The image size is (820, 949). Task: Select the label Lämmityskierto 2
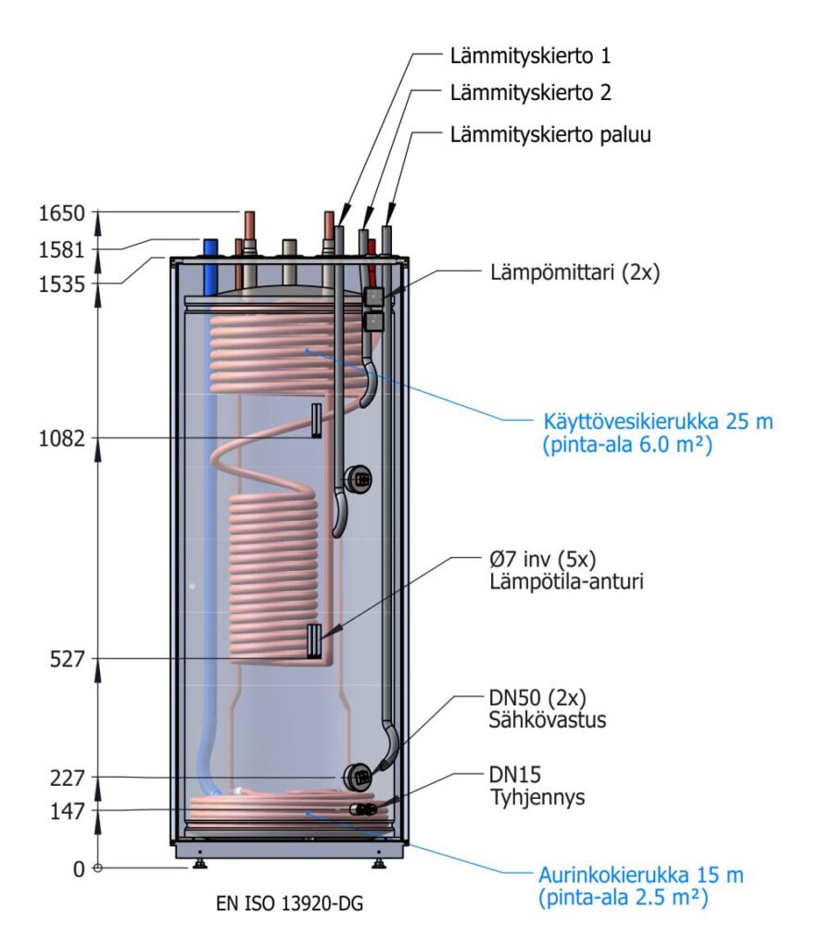click(530, 93)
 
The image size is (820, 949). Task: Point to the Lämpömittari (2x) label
click(574, 273)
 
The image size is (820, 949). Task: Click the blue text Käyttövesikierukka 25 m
click(658, 423)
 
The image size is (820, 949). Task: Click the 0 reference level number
click(78, 869)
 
